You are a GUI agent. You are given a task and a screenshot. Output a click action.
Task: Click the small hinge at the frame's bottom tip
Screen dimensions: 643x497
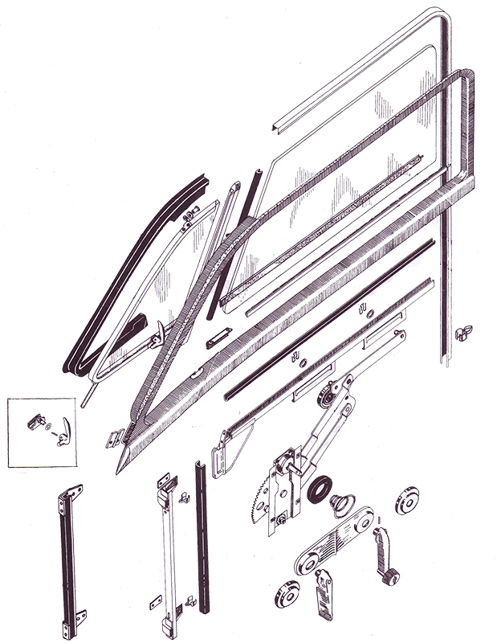click(x=113, y=440)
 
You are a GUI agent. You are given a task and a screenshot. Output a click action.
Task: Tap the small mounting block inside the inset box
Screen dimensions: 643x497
click(x=37, y=418)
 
